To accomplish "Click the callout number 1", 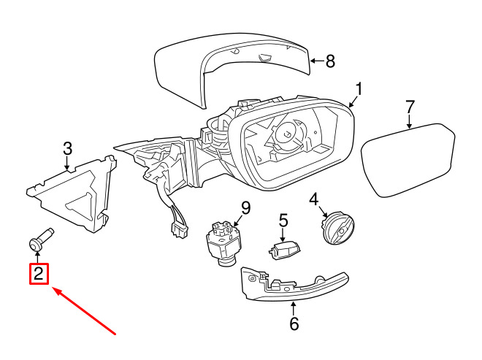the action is [x=359, y=89].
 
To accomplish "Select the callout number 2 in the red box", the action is [x=39, y=274].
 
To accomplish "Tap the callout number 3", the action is [x=68, y=148].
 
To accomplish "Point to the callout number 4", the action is [x=313, y=199].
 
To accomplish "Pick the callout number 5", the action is [x=283, y=221].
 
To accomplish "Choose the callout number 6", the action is [x=294, y=323].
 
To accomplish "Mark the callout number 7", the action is [x=410, y=107].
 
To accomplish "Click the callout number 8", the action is [x=330, y=61].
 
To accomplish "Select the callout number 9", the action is [x=245, y=208].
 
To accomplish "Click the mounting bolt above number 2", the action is [x=41, y=240].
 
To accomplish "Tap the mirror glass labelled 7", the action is [x=408, y=160].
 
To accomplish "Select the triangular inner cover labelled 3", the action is [x=72, y=194].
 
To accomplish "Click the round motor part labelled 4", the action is [x=337, y=228].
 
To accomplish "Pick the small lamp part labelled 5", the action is [x=284, y=250].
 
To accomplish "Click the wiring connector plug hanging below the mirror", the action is [x=179, y=230].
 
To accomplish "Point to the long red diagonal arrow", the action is [x=84, y=311].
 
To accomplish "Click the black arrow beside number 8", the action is [x=317, y=61].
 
